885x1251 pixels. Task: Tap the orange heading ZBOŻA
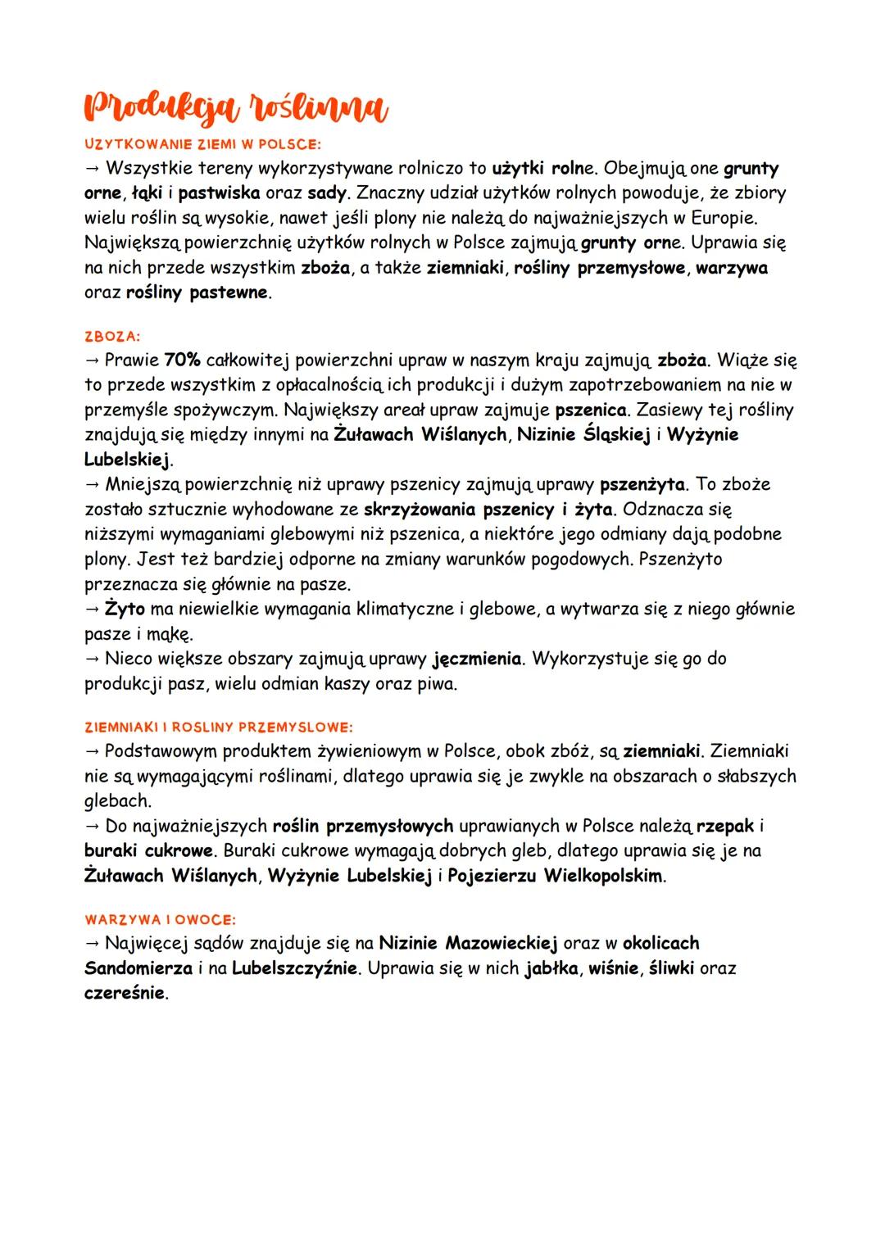112,336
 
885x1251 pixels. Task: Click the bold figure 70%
182,360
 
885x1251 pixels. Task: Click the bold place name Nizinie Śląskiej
583,434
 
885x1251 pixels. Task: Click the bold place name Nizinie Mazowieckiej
468,943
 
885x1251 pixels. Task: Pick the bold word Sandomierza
138,968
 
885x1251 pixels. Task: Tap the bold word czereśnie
125,993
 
